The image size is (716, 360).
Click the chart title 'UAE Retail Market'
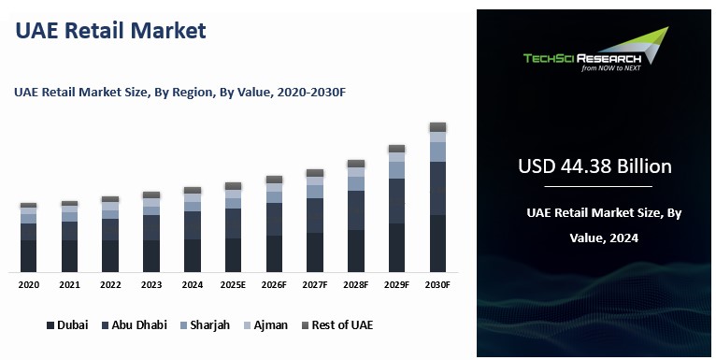[x=110, y=31]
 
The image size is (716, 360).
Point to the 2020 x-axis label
[x=29, y=284]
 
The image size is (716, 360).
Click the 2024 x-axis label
[x=193, y=284]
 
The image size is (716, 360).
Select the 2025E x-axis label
[x=233, y=284]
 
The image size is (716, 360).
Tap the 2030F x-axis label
[x=437, y=284]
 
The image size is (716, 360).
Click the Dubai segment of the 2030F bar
[x=437, y=243]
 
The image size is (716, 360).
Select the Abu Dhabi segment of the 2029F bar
[x=396, y=201]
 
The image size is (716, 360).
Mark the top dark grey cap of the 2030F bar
[x=437, y=126]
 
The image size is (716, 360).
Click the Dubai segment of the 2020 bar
[x=29, y=255]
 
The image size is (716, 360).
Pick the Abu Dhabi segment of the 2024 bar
[x=193, y=225]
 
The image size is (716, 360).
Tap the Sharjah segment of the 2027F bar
[x=315, y=192]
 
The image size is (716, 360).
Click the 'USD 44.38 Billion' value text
[x=594, y=166]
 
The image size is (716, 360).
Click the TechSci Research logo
[x=595, y=51]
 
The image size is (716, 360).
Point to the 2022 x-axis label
[x=110, y=284]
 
